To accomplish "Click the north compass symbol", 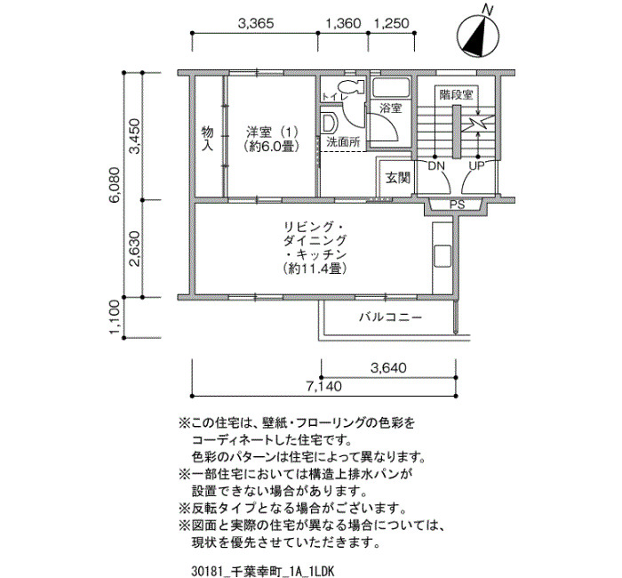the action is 478,36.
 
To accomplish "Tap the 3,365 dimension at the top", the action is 256,23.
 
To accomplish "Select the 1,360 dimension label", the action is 343,23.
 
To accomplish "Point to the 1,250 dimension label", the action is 391,23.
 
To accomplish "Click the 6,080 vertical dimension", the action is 115,185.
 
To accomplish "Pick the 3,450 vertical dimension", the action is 135,136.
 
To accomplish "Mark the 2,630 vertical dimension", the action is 135,249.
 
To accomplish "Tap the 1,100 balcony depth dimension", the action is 115,317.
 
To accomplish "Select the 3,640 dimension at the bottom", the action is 388,367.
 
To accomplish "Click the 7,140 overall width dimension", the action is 323,386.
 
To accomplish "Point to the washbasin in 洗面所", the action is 329,123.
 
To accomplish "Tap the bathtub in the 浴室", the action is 391,87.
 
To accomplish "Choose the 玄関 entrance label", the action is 398,178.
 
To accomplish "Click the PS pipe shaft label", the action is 457,205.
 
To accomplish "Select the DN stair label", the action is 436,165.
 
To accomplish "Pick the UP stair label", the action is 477,165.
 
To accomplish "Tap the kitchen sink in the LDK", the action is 443,256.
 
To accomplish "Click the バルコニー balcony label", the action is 390,317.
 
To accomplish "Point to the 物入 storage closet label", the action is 207,138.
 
